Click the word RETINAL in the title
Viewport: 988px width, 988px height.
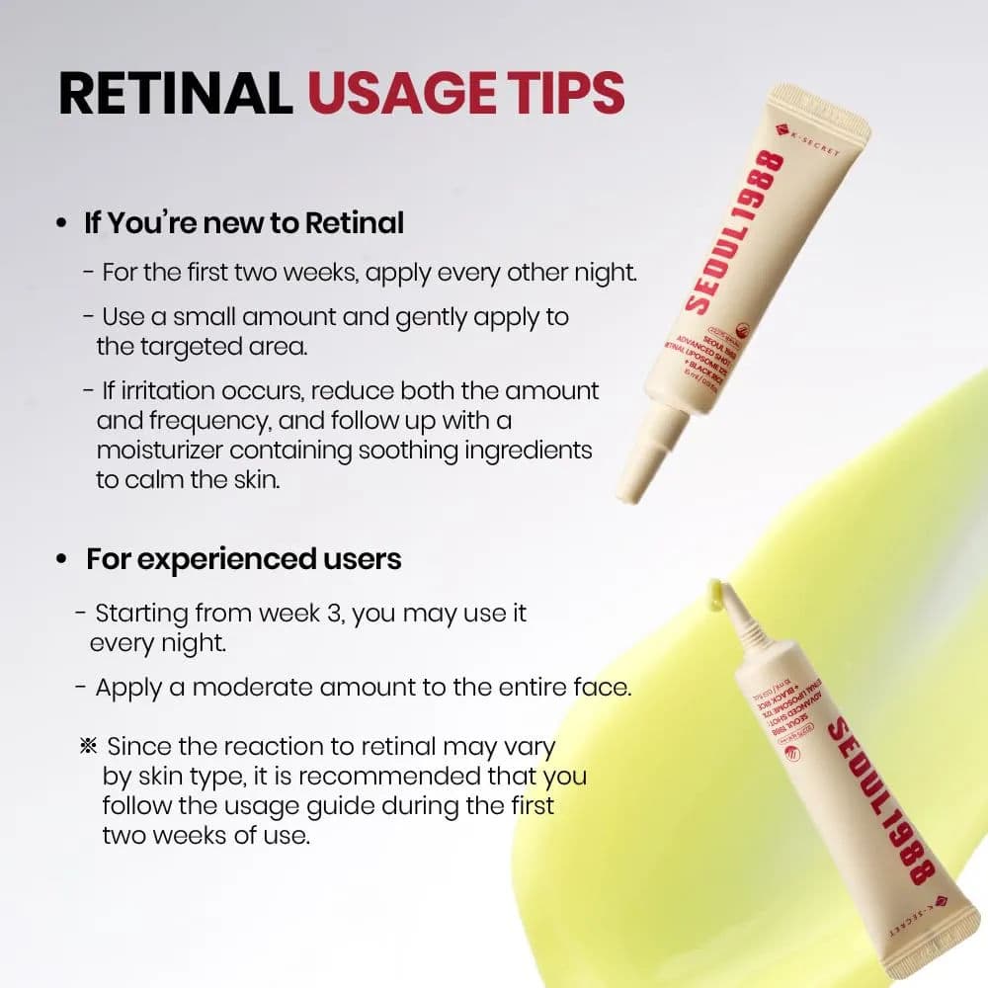pos(175,93)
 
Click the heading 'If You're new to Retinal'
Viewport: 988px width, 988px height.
pos(244,223)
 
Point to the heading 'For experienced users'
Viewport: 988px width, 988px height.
pos(243,559)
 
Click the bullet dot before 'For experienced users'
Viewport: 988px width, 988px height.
pos(62,560)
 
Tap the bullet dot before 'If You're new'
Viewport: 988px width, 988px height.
pos(62,224)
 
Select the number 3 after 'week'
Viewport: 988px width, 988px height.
pos(334,613)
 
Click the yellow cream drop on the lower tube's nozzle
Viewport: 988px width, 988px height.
pos(713,591)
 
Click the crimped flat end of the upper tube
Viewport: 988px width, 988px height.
pos(820,110)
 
